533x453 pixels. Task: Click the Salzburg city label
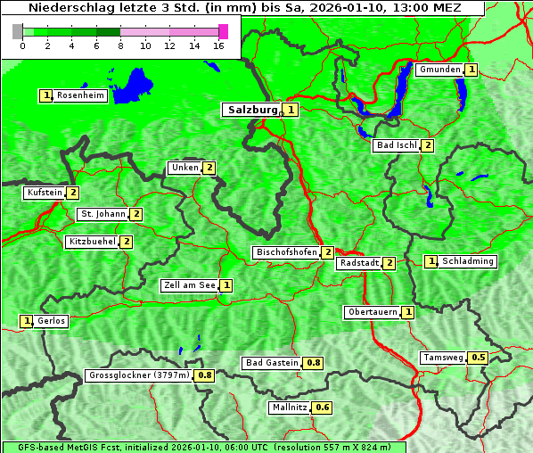[251, 110]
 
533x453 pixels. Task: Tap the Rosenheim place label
[79, 95]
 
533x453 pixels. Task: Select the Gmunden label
[439, 70]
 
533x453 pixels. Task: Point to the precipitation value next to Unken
[209, 168]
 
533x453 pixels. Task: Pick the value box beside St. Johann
[136, 214]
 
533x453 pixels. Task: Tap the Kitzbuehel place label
[92, 242]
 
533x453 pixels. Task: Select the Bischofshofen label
[286, 252]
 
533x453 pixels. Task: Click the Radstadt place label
[358, 263]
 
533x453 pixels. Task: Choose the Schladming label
[468, 261]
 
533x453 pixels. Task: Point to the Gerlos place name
[51, 321]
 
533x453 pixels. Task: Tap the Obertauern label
[372, 312]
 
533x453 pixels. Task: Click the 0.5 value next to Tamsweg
[479, 358]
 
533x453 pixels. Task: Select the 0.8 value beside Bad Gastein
[314, 363]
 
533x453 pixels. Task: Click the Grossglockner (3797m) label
[139, 375]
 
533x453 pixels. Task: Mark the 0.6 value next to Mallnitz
[323, 408]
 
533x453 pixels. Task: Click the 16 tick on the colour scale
[218, 45]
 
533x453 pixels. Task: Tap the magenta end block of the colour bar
[223, 31]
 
